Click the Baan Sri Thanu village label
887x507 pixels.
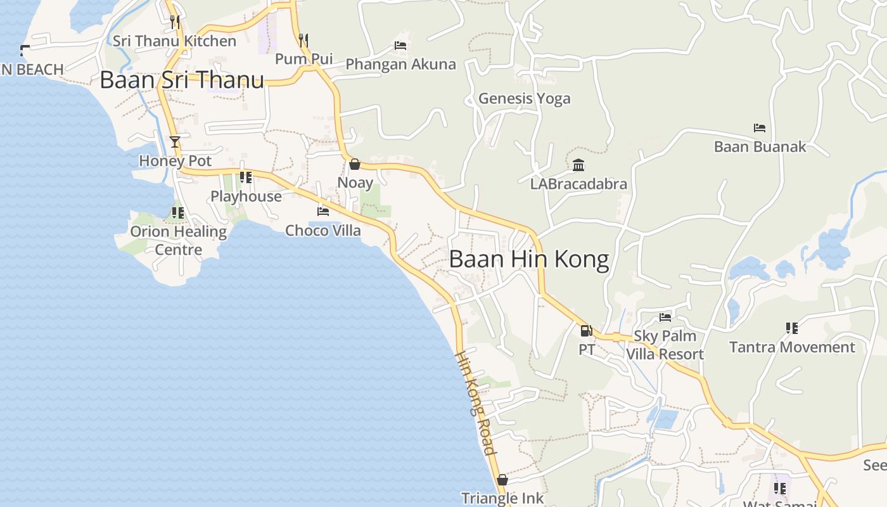(x=182, y=80)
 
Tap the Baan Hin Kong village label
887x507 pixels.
(x=529, y=259)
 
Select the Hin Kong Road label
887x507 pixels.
(x=475, y=402)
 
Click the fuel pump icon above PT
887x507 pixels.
(x=586, y=330)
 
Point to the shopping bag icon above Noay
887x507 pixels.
(x=355, y=164)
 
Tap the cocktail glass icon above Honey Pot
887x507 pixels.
(x=175, y=141)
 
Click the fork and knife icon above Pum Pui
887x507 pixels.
(x=303, y=41)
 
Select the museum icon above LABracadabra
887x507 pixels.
(x=578, y=165)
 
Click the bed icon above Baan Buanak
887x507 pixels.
(x=760, y=128)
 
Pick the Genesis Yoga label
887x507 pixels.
(x=524, y=98)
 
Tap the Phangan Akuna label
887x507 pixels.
(x=400, y=64)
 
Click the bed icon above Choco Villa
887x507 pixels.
(x=323, y=212)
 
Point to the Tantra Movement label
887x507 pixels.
(x=792, y=347)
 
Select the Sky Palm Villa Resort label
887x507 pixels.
(x=665, y=345)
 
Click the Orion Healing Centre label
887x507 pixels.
(x=179, y=240)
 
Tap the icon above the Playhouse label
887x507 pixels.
(x=246, y=177)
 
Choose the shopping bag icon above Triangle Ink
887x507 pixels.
(x=502, y=480)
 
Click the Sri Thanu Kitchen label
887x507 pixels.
(x=174, y=41)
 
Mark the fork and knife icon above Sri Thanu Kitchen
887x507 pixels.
(x=175, y=22)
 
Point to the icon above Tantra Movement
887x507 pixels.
(x=792, y=328)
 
